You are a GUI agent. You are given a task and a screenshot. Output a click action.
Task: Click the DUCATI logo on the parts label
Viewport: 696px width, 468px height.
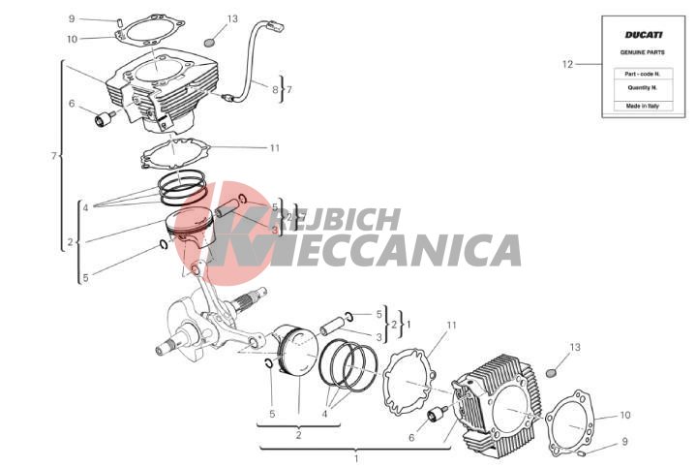pyautogui.click(x=644, y=35)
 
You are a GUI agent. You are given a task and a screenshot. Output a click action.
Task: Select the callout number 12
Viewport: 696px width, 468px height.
pyautogui.click(x=567, y=64)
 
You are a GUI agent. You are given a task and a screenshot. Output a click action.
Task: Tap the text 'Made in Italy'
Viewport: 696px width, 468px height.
pyautogui.click(x=643, y=106)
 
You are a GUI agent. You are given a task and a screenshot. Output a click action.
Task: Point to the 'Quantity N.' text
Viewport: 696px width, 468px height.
pyautogui.click(x=643, y=87)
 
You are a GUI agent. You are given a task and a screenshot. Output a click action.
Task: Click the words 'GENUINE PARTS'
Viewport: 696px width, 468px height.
pyautogui.click(x=643, y=52)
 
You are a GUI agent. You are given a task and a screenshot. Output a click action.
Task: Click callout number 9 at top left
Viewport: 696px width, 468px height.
pyautogui.click(x=72, y=18)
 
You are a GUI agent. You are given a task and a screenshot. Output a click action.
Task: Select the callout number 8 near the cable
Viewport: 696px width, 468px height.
pyautogui.click(x=275, y=89)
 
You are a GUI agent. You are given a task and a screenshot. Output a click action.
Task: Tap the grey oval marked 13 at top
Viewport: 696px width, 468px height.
pyautogui.click(x=209, y=43)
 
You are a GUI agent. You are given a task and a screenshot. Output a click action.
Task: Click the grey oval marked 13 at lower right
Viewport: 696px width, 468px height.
pyautogui.click(x=551, y=371)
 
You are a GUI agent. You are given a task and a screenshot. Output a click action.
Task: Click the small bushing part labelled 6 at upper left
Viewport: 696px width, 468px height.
pyautogui.click(x=104, y=119)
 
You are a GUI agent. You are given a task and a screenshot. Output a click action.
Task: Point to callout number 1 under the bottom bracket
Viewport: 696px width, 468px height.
pyautogui.click(x=356, y=458)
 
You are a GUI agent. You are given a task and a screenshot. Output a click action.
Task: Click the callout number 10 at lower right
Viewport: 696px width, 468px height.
pyautogui.click(x=625, y=415)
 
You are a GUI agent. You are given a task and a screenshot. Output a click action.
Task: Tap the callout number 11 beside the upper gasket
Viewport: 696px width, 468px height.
pyautogui.click(x=275, y=147)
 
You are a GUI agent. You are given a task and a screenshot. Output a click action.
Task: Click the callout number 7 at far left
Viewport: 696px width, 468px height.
pyautogui.click(x=53, y=156)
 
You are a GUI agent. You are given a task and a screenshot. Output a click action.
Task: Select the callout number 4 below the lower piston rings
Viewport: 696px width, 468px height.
pyautogui.click(x=324, y=414)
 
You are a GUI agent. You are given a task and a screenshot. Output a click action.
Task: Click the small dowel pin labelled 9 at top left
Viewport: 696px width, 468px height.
pyautogui.click(x=119, y=20)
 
